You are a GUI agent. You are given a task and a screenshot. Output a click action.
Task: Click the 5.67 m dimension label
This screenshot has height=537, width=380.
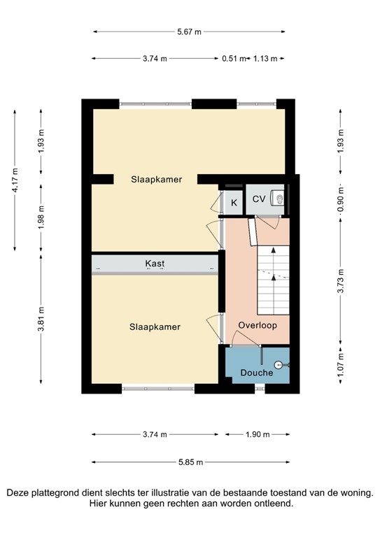coord(189,31)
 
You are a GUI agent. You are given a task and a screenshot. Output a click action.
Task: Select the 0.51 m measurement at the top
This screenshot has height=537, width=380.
coord(234,59)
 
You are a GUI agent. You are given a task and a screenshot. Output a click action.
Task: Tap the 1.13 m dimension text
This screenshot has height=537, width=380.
coord(265,59)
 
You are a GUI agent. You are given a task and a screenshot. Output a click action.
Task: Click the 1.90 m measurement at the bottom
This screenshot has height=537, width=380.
coord(257,434)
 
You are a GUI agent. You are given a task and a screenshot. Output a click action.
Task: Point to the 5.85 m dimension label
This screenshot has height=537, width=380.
coord(189,461)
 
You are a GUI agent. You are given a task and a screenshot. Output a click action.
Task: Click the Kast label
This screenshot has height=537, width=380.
coord(155,264)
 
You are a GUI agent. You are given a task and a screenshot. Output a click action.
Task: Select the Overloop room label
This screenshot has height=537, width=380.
coord(257,326)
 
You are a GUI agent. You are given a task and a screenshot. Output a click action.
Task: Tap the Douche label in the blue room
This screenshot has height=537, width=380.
coord(257,373)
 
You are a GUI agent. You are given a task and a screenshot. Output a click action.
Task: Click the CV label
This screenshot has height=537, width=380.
coord(258,199)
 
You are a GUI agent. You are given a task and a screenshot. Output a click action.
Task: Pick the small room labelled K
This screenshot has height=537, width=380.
coord(234,202)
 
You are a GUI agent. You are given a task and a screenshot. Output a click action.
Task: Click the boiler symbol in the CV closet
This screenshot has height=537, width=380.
coord(280,199)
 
